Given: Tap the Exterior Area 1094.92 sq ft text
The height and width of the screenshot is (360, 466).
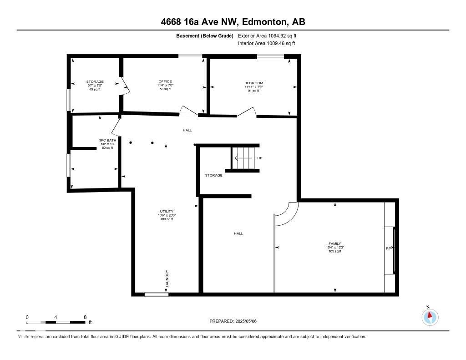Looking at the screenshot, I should (x=267, y=35).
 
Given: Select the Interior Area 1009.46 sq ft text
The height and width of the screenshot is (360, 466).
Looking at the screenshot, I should (x=266, y=44).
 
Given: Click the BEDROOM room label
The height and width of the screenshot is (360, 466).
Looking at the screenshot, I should (x=253, y=83).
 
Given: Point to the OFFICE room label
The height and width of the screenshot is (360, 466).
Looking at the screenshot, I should (x=165, y=81).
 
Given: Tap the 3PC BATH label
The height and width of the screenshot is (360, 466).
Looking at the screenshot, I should (x=107, y=140).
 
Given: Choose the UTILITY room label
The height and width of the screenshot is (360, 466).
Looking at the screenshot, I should (x=167, y=211).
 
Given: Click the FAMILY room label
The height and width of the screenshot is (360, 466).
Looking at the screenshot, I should (x=335, y=243).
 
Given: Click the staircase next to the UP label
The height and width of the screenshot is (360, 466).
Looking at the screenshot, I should (x=244, y=158).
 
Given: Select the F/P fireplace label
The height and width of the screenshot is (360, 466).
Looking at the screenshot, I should (x=389, y=248).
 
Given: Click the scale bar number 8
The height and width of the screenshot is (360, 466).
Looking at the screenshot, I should (x=85, y=317).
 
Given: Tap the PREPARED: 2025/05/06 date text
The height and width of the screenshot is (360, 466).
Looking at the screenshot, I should (x=233, y=321).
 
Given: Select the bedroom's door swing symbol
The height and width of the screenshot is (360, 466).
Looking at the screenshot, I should (x=246, y=112).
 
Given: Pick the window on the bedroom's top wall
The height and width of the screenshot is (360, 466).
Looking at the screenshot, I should (x=271, y=56).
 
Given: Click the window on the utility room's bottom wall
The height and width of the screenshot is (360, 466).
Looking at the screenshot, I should (x=157, y=294).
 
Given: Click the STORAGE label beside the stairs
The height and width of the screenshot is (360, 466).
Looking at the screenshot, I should (x=214, y=175).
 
